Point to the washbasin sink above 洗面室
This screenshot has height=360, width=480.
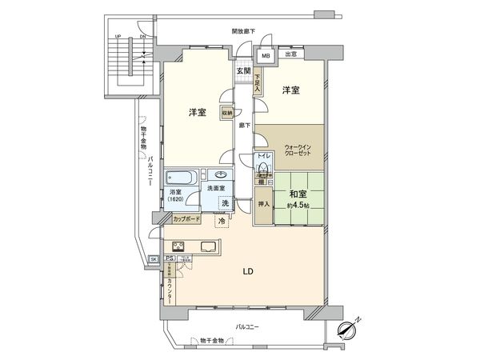point(219,176)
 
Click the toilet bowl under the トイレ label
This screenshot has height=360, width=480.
point(262,167)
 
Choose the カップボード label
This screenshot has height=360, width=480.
point(186,218)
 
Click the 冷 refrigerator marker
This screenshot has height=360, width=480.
point(221,222)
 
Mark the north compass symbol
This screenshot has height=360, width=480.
point(349,327)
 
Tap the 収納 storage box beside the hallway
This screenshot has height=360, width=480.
point(226,114)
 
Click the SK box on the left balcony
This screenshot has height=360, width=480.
point(154,259)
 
